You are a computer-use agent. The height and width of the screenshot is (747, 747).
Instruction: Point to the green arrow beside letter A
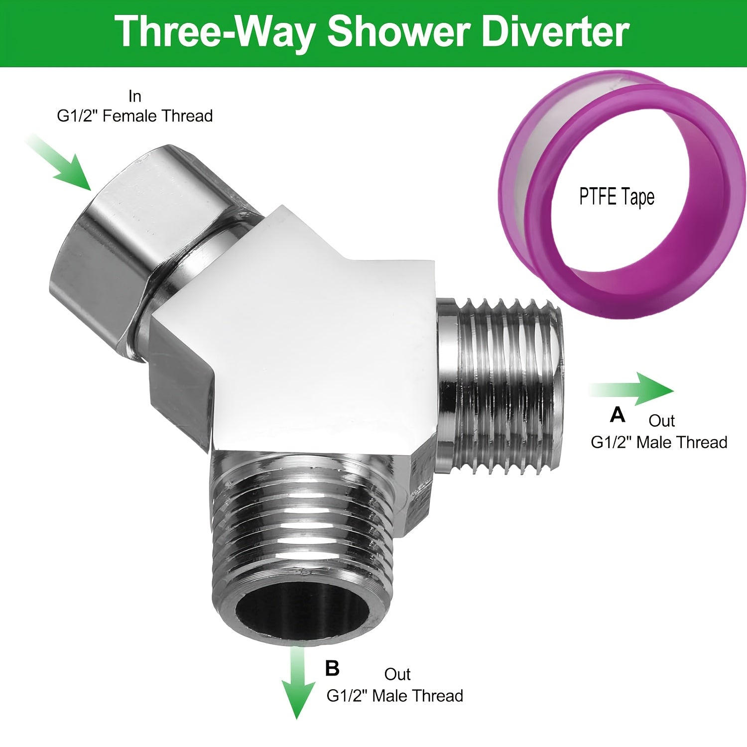[631, 389]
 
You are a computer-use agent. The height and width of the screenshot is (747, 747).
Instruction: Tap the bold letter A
[618, 414]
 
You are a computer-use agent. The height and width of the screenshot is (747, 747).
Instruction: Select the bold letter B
[332, 668]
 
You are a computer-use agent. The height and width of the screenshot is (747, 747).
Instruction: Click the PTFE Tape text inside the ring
[617, 197]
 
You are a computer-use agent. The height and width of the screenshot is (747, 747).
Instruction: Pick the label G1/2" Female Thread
[135, 116]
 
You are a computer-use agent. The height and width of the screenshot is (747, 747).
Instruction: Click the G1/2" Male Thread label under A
[659, 442]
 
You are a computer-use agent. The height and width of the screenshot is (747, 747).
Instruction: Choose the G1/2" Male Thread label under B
[395, 695]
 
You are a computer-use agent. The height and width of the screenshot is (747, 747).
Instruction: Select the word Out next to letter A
[661, 421]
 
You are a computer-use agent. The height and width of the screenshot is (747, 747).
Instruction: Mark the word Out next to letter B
[397, 674]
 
